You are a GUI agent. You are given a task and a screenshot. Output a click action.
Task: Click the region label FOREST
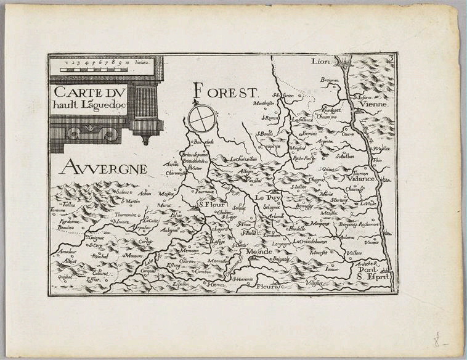pos(224,92)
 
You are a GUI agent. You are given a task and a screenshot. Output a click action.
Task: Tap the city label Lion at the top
pos(321,61)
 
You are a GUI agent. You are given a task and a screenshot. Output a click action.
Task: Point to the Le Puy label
pos(269,198)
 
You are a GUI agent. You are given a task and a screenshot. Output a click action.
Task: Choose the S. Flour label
pos(209,206)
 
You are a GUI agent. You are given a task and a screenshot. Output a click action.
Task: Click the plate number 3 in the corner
pos(391,59)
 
